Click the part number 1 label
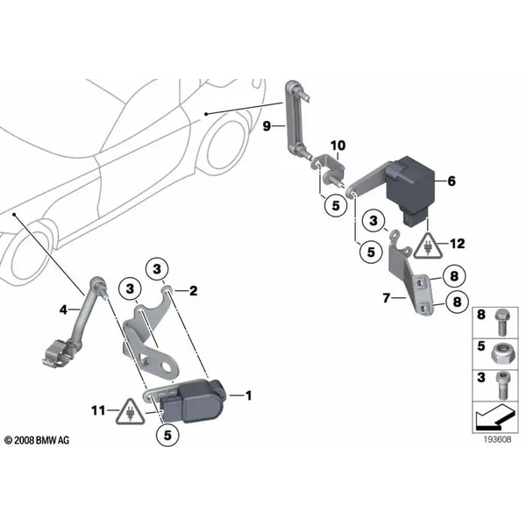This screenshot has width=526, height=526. coord(248,395)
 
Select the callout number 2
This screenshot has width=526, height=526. coord(194,290)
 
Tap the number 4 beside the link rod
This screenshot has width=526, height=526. coord(62,309)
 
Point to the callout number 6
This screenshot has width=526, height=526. coord(451,181)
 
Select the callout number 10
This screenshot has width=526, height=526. coord(338,145)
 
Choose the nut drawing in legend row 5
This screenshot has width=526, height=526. coord(499,349)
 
